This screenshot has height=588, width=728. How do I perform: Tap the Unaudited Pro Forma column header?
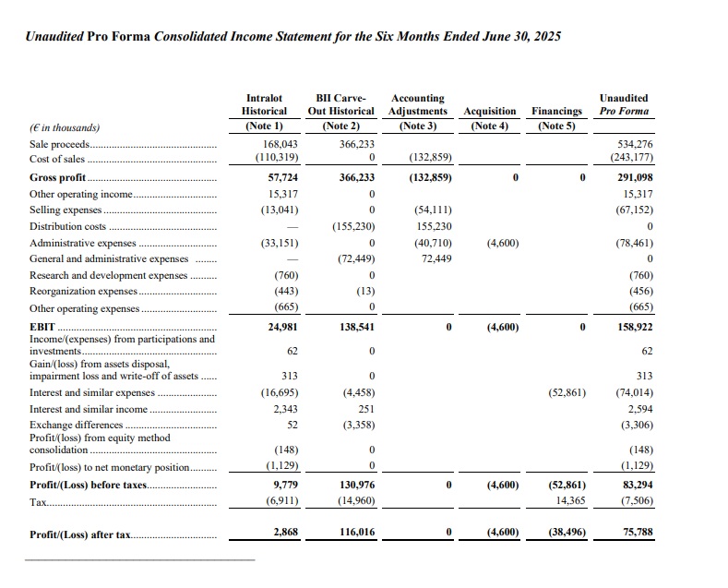(x=624, y=104)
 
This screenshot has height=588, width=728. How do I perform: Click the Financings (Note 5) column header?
(x=556, y=118)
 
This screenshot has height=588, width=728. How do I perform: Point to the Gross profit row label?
(x=56, y=177)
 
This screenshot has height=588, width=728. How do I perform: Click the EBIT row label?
(x=42, y=327)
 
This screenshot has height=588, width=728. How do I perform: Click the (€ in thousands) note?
(x=65, y=127)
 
